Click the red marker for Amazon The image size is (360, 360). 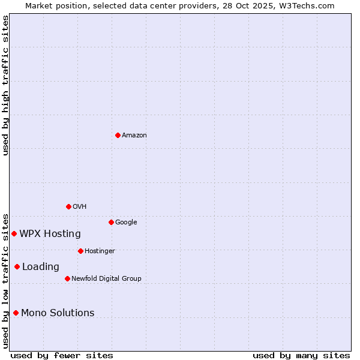(x=118, y=135)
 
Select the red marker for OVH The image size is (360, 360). (x=68, y=206)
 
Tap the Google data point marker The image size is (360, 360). (x=111, y=222)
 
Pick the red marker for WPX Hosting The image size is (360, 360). (x=14, y=233)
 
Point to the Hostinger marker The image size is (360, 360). (x=80, y=251)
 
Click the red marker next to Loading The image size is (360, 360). (x=17, y=266)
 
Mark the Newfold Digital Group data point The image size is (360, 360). (x=67, y=278)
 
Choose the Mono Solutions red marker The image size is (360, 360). (x=16, y=313)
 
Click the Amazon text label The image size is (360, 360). (x=134, y=136)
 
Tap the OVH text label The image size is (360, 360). (x=80, y=207)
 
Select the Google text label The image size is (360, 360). (x=126, y=223)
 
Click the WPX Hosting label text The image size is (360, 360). (x=50, y=234)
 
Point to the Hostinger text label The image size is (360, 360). (x=100, y=251)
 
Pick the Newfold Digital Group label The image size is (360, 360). (x=106, y=279)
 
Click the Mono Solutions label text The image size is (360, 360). (x=58, y=313)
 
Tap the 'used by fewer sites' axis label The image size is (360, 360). (x=62, y=356)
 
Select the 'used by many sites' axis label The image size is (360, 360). (x=301, y=356)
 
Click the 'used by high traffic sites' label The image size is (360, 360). (x=5, y=86)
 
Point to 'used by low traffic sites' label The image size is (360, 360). (x=5, y=280)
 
